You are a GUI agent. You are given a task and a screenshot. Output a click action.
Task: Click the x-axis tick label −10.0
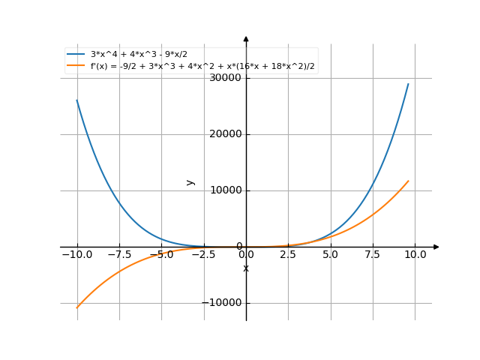(x=76, y=255)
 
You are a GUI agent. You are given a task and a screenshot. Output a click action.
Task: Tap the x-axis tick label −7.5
(x=118, y=255)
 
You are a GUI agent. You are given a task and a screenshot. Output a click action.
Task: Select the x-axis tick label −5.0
(x=161, y=255)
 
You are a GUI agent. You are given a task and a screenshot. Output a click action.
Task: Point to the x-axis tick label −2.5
(x=203, y=255)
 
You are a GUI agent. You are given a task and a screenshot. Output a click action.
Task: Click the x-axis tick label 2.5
(x=288, y=255)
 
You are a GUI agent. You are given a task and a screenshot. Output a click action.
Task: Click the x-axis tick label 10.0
(x=415, y=255)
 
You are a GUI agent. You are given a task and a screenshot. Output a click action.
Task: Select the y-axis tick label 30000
(x=226, y=78)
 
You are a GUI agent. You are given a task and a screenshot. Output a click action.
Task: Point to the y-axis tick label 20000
(x=226, y=134)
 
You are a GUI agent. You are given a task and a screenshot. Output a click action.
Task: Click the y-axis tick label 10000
(x=226, y=190)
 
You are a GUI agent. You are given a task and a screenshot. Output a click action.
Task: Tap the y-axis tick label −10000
(x=223, y=303)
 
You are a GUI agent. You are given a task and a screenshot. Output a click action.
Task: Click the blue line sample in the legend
(x=76, y=55)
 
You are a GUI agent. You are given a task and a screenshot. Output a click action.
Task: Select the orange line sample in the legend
(x=76, y=66)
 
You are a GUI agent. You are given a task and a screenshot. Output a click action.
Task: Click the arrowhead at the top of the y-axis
(x=246, y=38)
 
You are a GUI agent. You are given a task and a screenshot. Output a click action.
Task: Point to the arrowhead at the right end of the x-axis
(x=436, y=247)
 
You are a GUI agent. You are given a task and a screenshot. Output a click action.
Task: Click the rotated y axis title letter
(x=190, y=182)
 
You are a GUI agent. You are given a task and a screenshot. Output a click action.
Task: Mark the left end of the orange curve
(x=76, y=307)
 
